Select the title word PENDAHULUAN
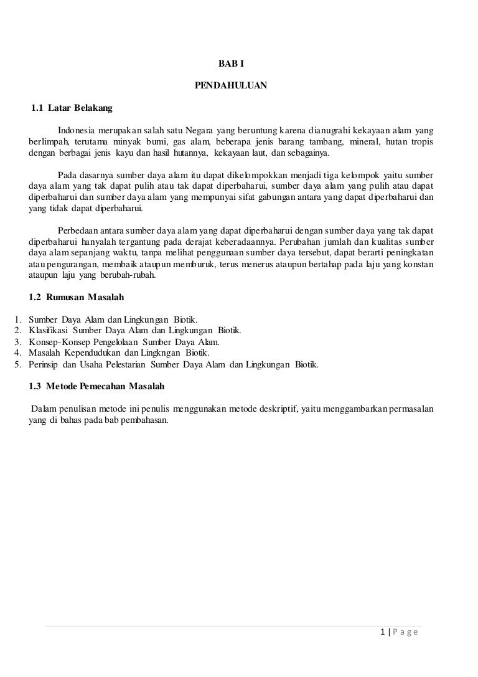pos(231,85)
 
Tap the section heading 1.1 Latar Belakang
pos(72,108)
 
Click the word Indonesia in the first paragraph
pos(76,130)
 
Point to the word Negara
pos(197,130)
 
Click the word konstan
pos(418,265)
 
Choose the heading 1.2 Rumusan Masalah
pos(77,298)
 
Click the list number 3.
pos(17,342)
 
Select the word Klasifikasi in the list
pos(49,331)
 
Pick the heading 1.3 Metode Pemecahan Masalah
pos(96,386)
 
